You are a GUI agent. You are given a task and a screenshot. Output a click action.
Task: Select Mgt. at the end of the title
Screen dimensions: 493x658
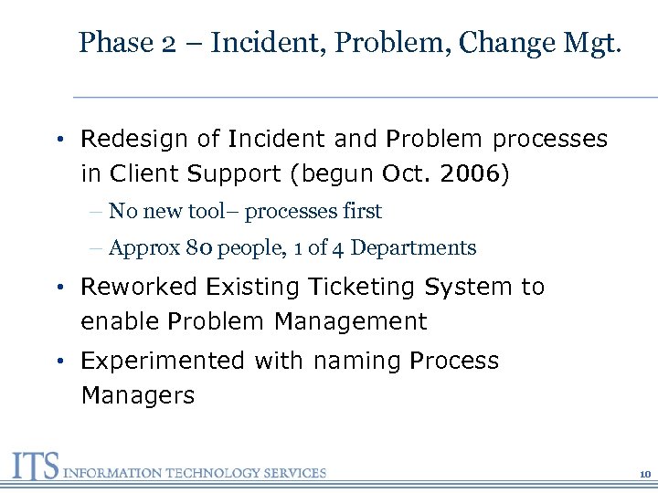[589, 43]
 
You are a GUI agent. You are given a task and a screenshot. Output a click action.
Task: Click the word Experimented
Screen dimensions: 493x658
[163, 361]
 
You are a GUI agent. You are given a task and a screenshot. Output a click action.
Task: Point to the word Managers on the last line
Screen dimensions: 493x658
[137, 396]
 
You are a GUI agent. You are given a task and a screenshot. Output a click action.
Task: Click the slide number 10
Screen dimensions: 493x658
[644, 474]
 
